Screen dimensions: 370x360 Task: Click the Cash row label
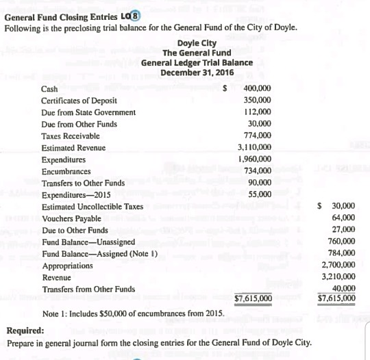[x=49, y=89]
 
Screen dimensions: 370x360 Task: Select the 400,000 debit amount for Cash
[x=258, y=89]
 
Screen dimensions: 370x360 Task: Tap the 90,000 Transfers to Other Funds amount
[x=261, y=183]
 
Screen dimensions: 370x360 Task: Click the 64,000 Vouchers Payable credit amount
[x=343, y=218]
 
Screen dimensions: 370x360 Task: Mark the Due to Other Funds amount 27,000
[x=343, y=229]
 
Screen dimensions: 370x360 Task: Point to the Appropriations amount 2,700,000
[x=338, y=265]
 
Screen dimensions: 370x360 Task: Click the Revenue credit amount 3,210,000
[x=338, y=277]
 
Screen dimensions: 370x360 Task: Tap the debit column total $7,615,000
[x=253, y=298]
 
